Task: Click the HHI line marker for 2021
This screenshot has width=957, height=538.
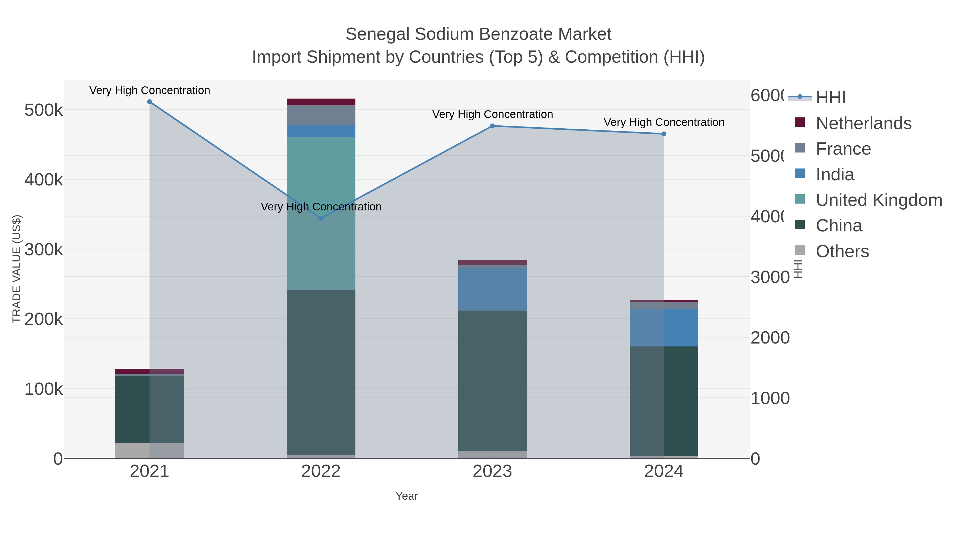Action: pos(149,102)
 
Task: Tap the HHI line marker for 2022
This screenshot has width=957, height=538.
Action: pos(321,218)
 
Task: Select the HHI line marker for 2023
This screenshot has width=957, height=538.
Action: pos(492,126)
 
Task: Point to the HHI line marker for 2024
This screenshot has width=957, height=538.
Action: pos(664,134)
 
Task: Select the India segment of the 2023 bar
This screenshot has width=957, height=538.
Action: pos(492,289)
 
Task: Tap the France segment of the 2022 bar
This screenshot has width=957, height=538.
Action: pos(321,115)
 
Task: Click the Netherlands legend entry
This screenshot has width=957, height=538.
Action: pos(863,123)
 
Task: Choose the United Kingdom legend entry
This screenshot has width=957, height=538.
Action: pos(879,200)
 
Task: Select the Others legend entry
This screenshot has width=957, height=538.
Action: pos(842,251)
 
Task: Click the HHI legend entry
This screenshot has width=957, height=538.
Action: pos(831,98)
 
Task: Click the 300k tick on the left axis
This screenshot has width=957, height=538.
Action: pos(44,249)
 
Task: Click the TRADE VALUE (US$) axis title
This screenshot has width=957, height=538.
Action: pos(16,269)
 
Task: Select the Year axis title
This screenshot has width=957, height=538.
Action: pos(406,496)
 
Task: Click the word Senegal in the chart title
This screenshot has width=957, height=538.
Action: pos(377,34)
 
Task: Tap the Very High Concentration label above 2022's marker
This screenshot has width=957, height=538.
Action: pos(321,207)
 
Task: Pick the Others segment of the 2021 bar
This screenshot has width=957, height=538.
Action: pos(149,450)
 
